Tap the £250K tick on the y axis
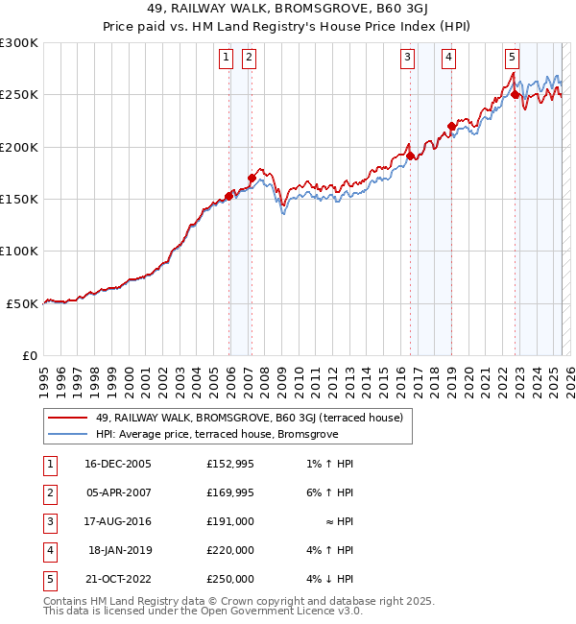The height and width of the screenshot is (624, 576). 19,95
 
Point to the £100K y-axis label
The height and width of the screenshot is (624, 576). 19,251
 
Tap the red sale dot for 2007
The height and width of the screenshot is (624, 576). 252,178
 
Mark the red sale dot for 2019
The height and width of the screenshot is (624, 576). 451,126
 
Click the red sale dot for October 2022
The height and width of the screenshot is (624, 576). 516,95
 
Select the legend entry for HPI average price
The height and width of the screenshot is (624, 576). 216,434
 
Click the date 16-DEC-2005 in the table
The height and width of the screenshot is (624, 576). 118,464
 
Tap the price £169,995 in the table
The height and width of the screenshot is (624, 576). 229,492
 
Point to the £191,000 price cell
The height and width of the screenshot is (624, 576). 229,521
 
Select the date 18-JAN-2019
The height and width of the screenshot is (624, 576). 118,550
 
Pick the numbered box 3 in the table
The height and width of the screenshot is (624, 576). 49,521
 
